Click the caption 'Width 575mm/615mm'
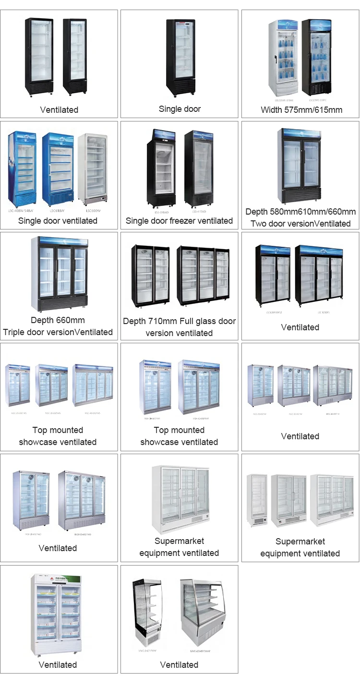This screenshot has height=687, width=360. [x=301, y=110]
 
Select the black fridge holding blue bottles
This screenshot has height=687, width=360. [x=316, y=57]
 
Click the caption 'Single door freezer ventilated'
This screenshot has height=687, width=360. [x=179, y=221]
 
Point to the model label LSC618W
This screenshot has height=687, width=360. [x=58, y=210]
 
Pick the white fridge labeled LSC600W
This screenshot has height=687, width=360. [x=93, y=168]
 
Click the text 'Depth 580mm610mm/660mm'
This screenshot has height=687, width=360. [x=300, y=212]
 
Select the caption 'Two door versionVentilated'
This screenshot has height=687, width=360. [x=300, y=224]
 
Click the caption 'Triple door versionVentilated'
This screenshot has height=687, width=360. [x=58, y=332]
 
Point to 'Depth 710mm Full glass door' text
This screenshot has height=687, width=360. [x=179, y=321]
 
